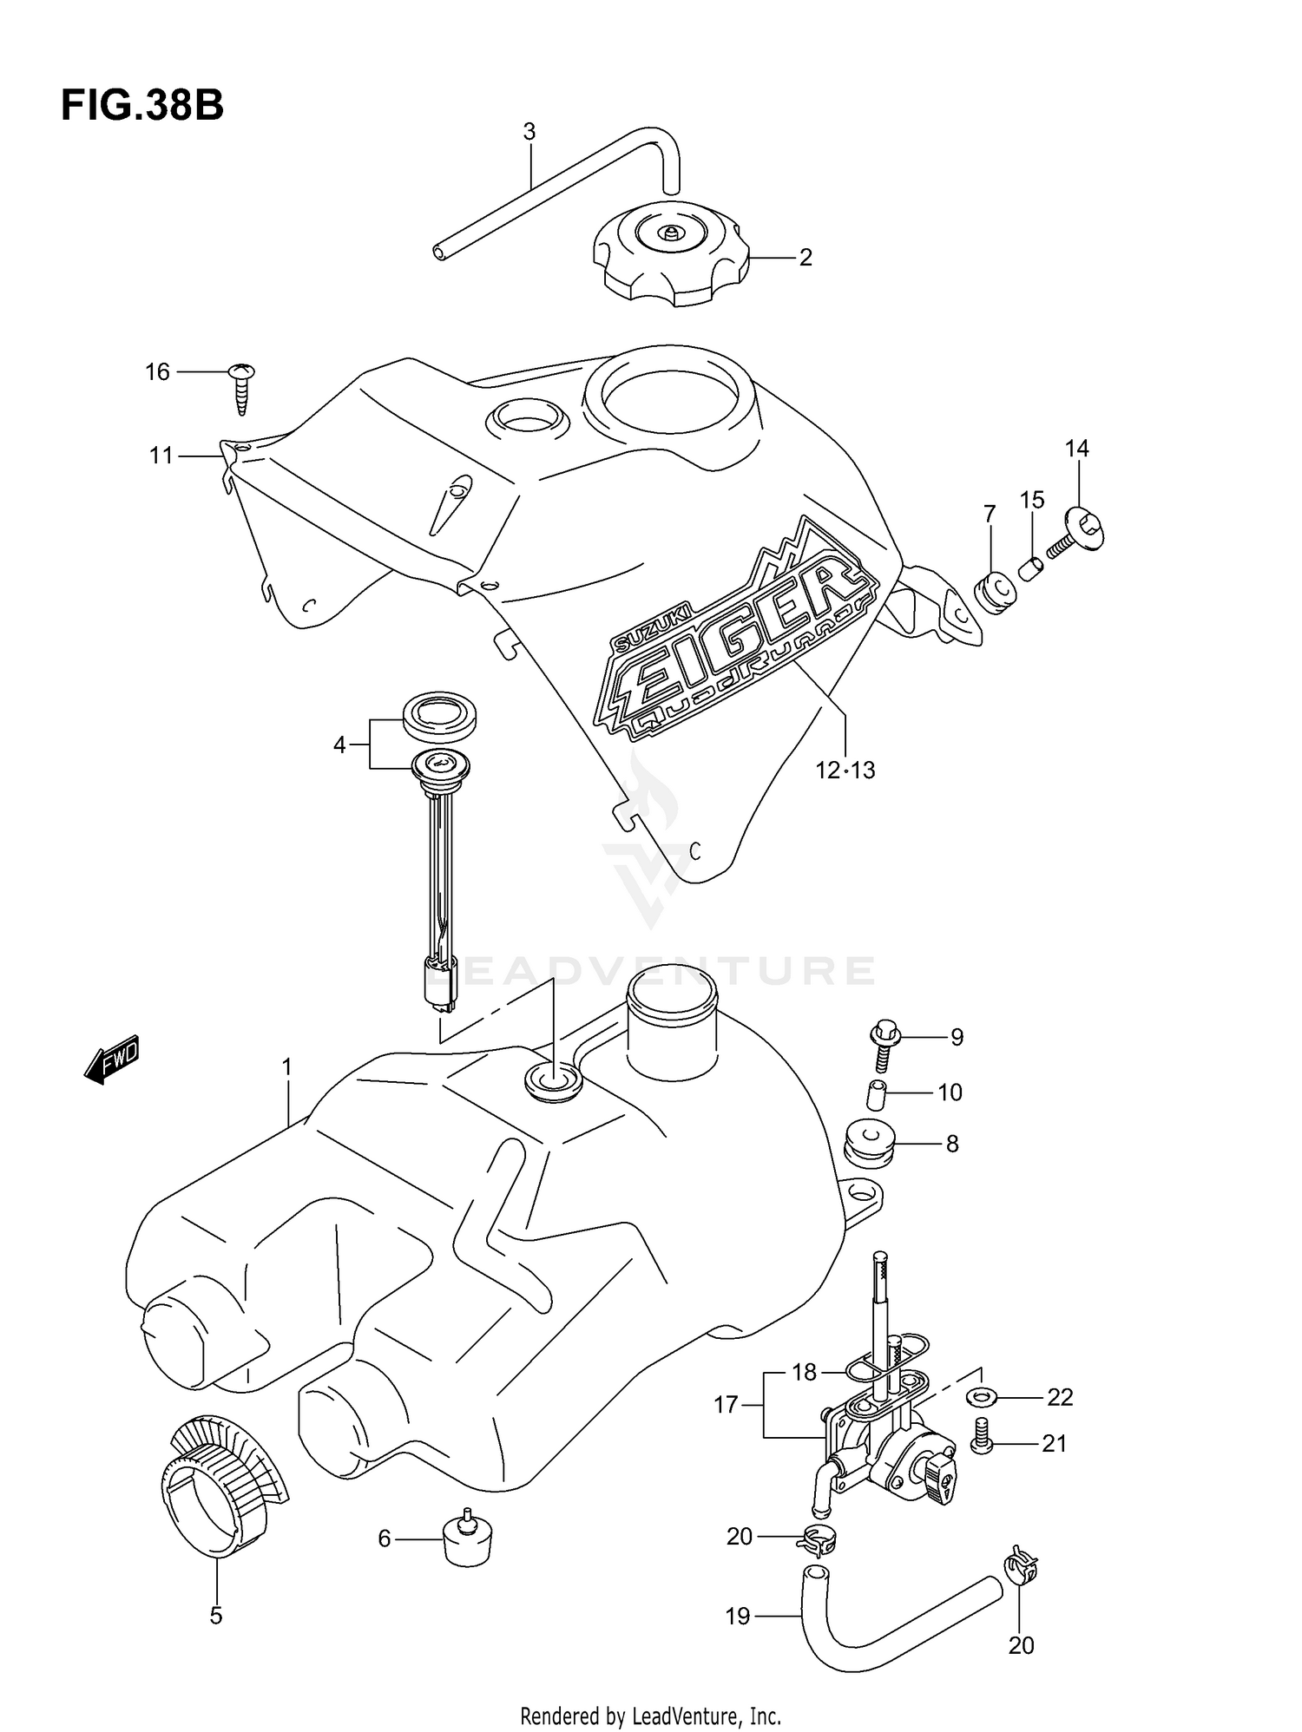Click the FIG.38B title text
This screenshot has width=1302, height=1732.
click(142, 106)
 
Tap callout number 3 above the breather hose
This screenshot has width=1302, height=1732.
click(529, 132)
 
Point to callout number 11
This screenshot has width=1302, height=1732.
click(161, 455)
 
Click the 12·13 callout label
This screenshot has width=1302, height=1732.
click(845, 770)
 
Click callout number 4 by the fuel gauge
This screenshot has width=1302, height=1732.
click(339, 744)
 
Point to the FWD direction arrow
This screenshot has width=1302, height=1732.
click(111, 1060)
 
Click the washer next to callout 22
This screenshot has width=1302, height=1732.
click(981, 1397)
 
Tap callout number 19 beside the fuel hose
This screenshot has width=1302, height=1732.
click(737, 1616)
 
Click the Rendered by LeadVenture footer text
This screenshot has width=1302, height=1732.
click(650, 1716)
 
